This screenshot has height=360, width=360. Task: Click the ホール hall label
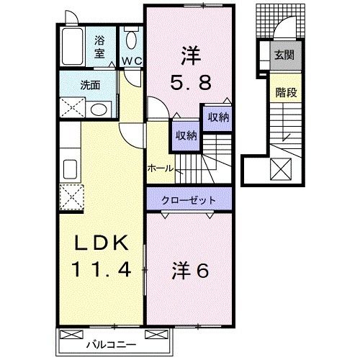point(159,167)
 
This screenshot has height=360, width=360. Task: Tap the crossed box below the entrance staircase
point(279,170)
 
